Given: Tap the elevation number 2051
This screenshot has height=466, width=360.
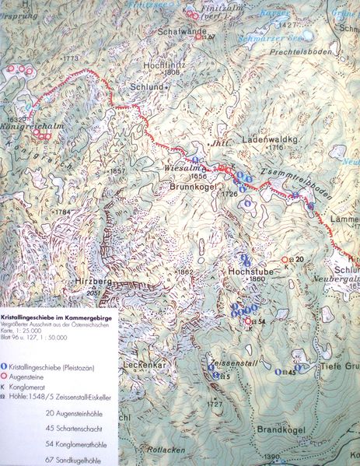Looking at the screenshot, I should click(x=95, y=293).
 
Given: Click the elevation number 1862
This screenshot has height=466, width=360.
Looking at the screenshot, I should click(x=185, y=272).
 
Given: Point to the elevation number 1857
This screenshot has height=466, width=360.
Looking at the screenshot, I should click(x=117, y=171).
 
